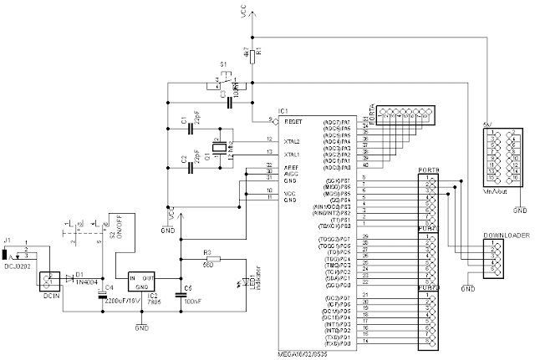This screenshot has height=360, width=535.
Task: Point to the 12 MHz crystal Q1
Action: tap(219, 148)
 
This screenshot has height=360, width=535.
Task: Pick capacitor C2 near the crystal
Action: tap(188, 165)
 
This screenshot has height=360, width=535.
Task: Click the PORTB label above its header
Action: tap(427, 171)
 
